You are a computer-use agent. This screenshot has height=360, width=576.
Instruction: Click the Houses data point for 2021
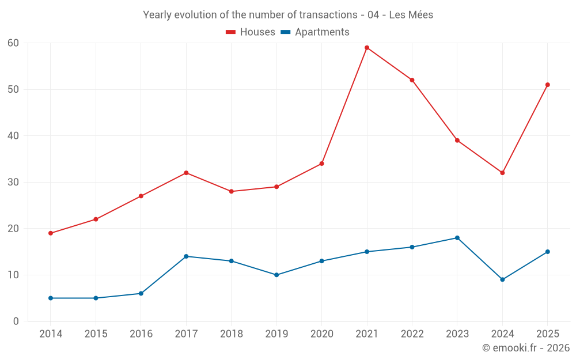[x=366, y=48]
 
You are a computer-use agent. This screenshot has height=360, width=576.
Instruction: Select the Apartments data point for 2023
[x=457, y=238]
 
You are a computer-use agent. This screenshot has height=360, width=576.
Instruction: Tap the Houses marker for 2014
[x=51, y=233]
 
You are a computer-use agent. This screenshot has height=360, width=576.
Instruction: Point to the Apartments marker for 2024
[x=502, y=279]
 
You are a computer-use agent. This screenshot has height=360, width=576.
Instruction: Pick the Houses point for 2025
[x=547, y=85]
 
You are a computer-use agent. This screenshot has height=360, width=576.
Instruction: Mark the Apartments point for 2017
[x=186, y=256]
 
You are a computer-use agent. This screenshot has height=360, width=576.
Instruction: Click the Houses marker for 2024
[x=502, y=173]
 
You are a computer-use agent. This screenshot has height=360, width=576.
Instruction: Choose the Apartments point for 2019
[x=276, y=275]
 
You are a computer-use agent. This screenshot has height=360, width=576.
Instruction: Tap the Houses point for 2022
[x=412, y=80]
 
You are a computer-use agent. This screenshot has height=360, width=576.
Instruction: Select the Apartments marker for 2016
[x=141, y=294]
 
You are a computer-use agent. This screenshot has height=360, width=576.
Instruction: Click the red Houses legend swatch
[x=231, y=32]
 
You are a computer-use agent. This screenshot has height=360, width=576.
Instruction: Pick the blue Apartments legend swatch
[x=286, y=32]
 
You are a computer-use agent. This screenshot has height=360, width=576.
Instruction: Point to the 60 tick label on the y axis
[x=13, y=43]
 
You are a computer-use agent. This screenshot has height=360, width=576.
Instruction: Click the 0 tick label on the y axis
[x=16, y=321]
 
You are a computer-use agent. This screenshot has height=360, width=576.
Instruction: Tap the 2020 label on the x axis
[x=322, y=334]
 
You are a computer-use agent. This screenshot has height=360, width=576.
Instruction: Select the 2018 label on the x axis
[x=232, y=334]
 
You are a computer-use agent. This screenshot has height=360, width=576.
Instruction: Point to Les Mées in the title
[x=411, y=15]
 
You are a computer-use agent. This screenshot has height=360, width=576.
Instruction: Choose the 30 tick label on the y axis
[x=13, y=182]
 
